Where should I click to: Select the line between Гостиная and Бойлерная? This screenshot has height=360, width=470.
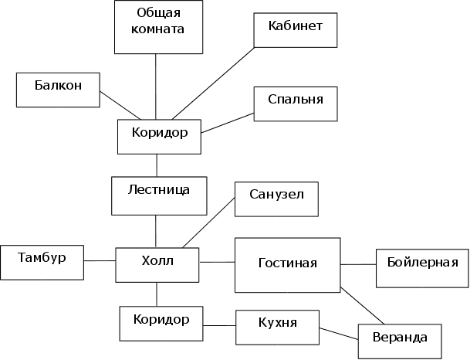click(x=358, y=264)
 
